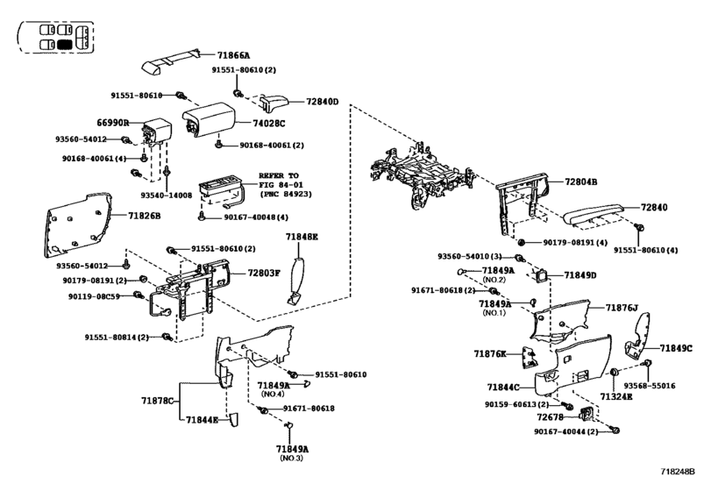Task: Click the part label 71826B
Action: point(145,215)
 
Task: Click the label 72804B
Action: point(580,181)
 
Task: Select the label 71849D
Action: point(579,275)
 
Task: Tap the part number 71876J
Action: point(622,307)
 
